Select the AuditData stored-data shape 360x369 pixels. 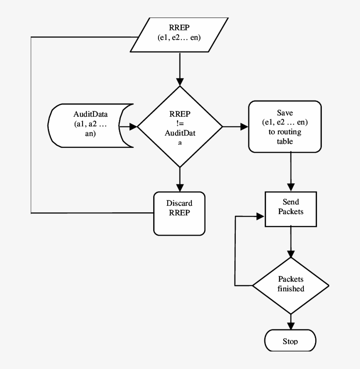pos(90,126)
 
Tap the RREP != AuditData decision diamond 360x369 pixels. pos(180,127)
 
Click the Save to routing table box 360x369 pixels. pos(285,126)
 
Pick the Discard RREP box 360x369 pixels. pos(179,213)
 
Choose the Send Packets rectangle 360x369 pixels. pos(291,209)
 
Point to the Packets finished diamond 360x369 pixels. pos(291,285)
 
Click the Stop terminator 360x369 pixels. pos(290,341)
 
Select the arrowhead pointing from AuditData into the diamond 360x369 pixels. pos(133,127)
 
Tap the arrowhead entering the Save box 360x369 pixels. pos(244,127)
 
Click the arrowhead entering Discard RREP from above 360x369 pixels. pos(180,187)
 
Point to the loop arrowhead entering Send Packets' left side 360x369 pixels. pos(260,216)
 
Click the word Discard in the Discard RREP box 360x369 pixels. pos(179,204)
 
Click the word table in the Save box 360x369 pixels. pos(285,141)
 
